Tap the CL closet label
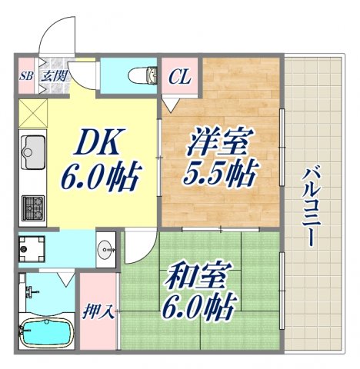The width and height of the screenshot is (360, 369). tap(181, 76)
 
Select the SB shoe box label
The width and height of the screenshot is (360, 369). tap(25, 76)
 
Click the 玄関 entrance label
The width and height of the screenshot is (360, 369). tap(53, 76)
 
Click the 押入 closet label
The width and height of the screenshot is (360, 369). tap(98, 311)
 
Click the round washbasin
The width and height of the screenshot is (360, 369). tap(105, 248)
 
